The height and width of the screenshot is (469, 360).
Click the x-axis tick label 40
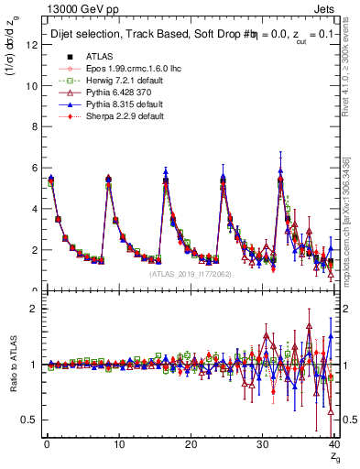(x=333, y=445)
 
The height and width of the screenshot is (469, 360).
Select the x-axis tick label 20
(x=190, y=445)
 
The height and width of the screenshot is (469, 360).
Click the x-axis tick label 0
(x=46, y=445)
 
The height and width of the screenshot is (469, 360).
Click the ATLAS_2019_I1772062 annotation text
(x=190, y=274)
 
